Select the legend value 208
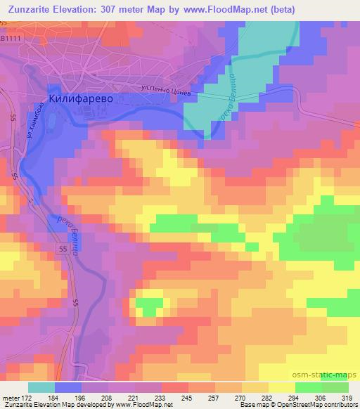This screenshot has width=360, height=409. (106, 398)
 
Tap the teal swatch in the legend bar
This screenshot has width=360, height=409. (41, 387)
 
